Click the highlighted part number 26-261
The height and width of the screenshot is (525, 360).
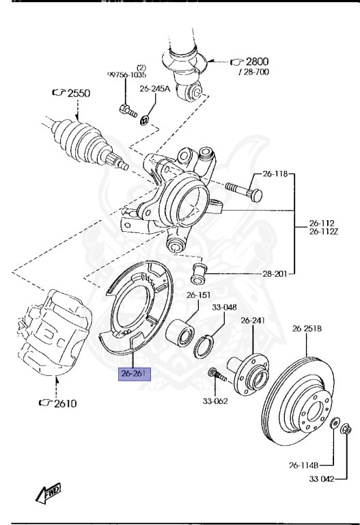pos(135,374)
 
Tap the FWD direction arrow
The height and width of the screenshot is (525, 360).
pos(49,493)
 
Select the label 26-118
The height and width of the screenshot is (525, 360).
pos(275,174)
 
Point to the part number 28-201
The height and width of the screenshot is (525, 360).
pos(275,274)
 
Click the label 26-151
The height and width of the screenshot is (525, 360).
pos(199,295)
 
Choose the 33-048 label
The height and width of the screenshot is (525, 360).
pos(224,308)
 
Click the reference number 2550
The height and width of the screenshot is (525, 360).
pos(79,93)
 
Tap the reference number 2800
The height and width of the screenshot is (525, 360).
pos(258,62)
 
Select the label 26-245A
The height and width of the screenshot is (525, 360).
pos(155,89)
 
